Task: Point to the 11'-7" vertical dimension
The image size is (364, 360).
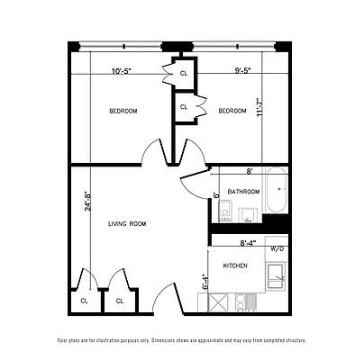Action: click(262, 109)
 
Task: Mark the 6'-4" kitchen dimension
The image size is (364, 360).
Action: click(205, 293)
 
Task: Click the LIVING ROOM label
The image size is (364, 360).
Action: click(127, 223)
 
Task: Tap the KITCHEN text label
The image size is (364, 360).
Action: click(235, 265)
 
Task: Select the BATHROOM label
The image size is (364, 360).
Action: click(243, 192)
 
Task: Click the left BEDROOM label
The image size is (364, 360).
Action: click(123, 111)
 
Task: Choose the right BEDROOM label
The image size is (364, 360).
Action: click(232, 111)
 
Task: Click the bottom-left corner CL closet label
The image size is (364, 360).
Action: click(84, 301)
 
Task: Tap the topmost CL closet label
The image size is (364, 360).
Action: click(184, 73)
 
